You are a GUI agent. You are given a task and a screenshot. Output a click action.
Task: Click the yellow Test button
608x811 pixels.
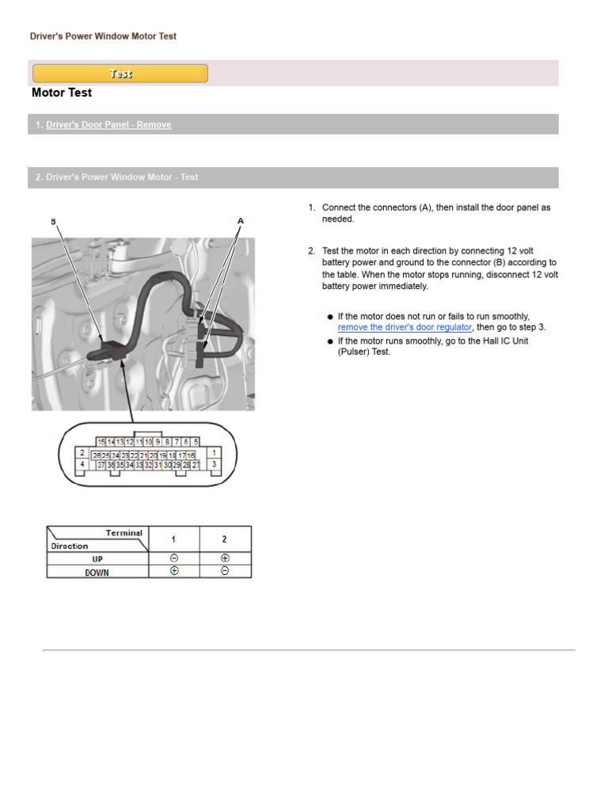click(120, 74)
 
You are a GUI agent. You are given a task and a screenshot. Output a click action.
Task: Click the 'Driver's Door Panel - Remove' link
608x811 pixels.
click(108, 124)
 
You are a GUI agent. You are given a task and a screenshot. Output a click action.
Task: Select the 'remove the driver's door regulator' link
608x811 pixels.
click(405, 327)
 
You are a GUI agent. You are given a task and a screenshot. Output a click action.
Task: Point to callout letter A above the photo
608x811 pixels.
click(241, 220)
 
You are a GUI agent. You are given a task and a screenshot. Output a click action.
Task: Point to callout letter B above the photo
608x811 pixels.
click(54, 222)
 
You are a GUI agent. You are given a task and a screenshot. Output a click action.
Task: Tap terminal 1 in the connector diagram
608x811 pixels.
click(214, 452)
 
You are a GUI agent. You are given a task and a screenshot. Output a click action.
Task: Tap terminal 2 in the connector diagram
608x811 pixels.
click(82, 452)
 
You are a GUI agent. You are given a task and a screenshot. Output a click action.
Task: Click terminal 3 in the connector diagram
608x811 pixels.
click(214, 466)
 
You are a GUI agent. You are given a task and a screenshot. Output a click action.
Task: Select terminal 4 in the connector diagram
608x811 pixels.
click(82, 466)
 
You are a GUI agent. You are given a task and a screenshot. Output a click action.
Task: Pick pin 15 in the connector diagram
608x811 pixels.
click(101, 441)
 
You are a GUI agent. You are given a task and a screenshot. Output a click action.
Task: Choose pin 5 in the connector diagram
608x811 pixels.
click(195, 441)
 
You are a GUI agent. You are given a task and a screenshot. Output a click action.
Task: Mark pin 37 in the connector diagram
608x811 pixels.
click(101, 466)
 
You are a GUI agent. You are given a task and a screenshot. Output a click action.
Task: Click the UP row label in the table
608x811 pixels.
click(97, 558)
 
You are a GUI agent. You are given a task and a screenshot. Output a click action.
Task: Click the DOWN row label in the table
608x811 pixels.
click(97, 572)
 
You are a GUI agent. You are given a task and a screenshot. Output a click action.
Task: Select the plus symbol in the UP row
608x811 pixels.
click(225, 558)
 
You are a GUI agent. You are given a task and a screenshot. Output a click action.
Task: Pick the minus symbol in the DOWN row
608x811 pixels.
click(225, 572)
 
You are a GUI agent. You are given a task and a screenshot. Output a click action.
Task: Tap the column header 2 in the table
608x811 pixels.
click(225, 539)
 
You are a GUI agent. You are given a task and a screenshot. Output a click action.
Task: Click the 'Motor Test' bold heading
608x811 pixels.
click(62, 93)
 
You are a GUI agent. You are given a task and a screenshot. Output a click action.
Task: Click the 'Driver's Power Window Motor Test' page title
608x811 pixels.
click(103, 36)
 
